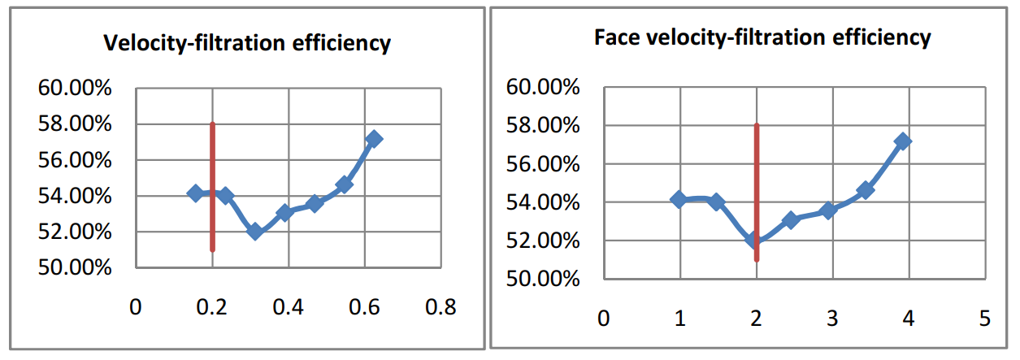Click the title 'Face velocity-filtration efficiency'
tap(762, 37)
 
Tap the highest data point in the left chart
tap(374, 139)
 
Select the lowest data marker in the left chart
tap(254, 232)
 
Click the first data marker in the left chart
tap(195, 193)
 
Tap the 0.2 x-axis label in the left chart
tap(212, 307)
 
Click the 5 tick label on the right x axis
tap(984, 318)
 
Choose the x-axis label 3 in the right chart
tap(831, 318)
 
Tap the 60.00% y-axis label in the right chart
tap(542, 88)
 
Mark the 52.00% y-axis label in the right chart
tap(542, 241)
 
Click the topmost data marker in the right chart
tap(902, 141)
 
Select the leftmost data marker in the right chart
tap(679, 199)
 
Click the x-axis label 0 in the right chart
tap(602, 318)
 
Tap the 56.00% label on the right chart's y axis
tap(542, 164)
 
